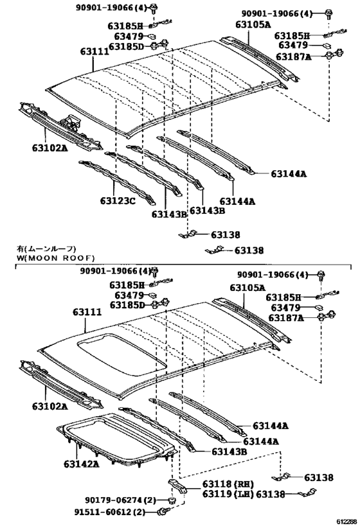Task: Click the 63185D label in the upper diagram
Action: point(129,47)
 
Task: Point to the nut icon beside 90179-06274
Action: point(172,500)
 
